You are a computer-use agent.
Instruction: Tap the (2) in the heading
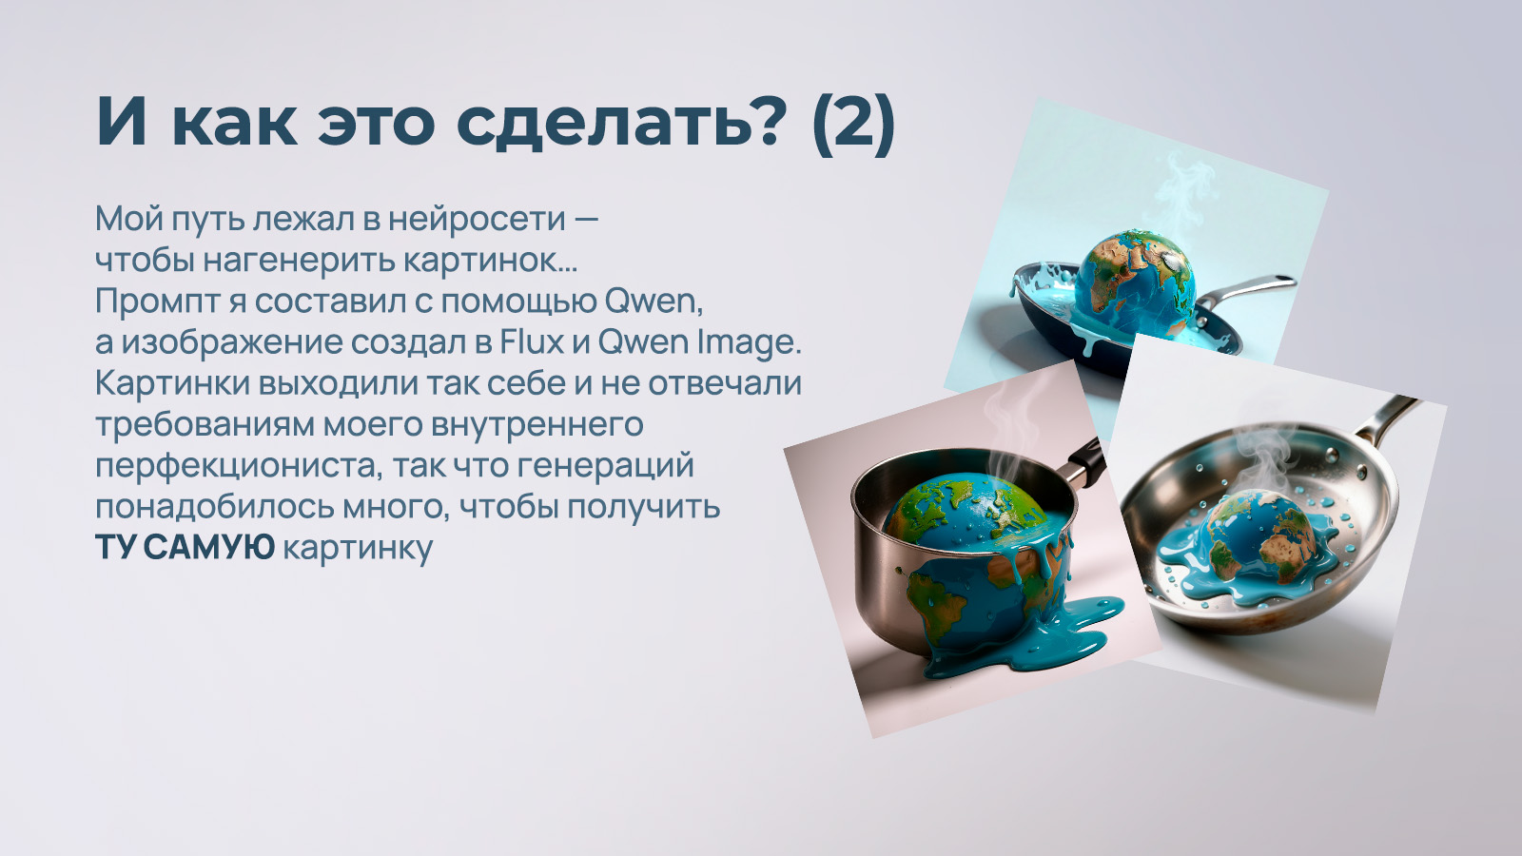tap(853, 122)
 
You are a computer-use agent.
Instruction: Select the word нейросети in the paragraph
tap(477, 219)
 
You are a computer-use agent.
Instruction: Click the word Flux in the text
tap(532, 341)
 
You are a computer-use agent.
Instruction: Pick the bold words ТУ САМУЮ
tap(185, 547)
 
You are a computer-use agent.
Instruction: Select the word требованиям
tap(205, 424)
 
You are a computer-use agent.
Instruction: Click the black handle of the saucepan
tap(1085, 460)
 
